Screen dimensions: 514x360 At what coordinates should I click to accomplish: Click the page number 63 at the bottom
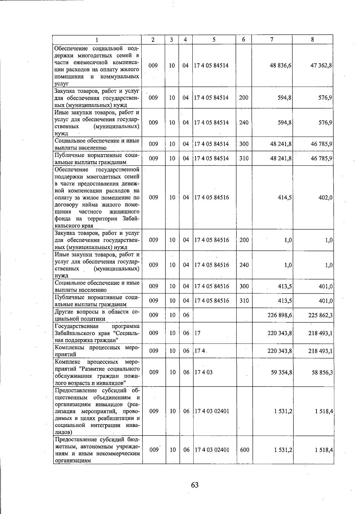[195, 485]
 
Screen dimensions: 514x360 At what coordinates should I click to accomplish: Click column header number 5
[214, 40]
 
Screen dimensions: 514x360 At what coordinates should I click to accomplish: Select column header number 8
[312, 40]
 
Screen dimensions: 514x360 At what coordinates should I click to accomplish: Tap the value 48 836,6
[281, 65]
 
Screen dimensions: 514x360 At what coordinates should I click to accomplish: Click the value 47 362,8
[321, 65]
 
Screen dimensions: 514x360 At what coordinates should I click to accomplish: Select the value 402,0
[325, 197]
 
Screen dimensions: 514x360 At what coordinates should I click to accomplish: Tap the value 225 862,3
[320, 315]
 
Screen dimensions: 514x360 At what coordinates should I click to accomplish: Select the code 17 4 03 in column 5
[203, 372]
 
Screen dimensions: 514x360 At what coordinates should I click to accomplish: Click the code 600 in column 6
[244, 450]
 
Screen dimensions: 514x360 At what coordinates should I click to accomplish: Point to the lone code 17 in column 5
[197, 333]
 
